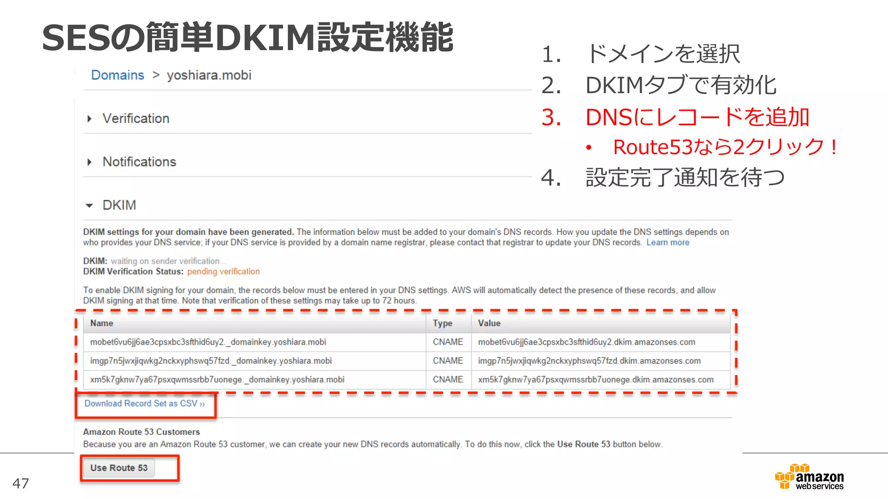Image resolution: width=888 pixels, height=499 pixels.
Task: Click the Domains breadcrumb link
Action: pos(117,75)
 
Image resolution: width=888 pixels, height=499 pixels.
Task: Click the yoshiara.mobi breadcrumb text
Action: pos(209,75)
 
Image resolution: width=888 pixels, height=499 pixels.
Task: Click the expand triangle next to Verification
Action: pos(89,119)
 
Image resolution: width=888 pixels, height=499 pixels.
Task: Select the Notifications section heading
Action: pos(139,162)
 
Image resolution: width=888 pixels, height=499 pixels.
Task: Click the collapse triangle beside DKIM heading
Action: pos(89,205)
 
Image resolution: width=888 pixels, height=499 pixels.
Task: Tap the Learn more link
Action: pos(667,243)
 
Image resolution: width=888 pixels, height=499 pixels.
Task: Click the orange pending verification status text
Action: pos(223,272)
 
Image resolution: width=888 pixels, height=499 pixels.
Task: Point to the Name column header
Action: pos(101,323)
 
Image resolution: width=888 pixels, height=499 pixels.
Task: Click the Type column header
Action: pos(442,323)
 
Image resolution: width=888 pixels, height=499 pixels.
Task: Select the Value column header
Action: pos(489,323)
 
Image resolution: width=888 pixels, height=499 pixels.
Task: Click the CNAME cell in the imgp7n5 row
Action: pos(447,361)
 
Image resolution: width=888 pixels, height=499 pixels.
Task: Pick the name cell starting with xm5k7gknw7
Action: pos(217,379)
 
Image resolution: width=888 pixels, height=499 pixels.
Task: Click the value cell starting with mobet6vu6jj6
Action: pos(586,342)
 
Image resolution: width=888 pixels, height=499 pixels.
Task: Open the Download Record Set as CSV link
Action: pos(144,404)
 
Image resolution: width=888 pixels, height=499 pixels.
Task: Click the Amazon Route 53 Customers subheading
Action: pos(141,432)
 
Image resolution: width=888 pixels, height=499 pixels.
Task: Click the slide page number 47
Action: pos(21,483)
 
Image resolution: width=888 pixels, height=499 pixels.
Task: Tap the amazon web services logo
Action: pos(809,477)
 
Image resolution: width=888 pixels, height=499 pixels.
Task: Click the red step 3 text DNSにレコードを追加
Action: pos(697,117)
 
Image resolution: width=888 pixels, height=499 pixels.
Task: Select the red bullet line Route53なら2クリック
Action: pos(725,147)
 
